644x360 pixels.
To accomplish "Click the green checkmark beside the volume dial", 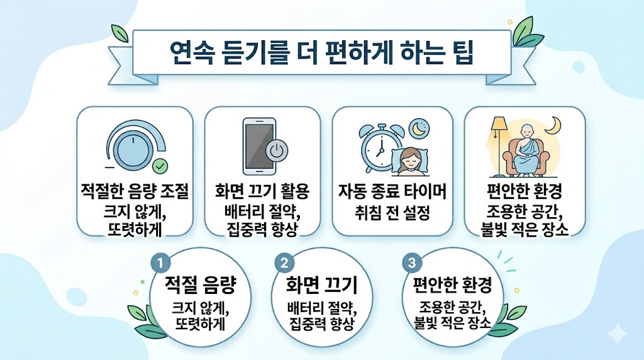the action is [x=161, y=167].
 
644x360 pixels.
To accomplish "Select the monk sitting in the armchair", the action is [x=527, y=151].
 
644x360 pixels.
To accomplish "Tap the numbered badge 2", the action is [x=286, y=262].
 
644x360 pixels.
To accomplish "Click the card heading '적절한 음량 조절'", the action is [x=135, y=191].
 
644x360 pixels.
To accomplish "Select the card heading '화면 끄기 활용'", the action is [x=262, y=191].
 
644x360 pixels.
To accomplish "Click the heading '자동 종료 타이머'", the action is [x=392, y=191].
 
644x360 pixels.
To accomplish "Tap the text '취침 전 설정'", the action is [x=392, y=213].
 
